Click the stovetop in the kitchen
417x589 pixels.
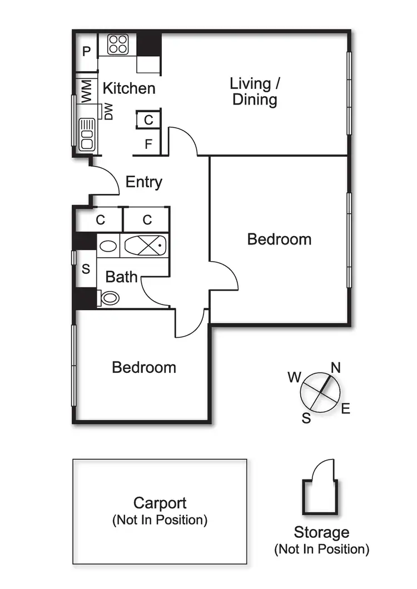point(118,44)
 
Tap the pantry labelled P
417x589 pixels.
point(87,52)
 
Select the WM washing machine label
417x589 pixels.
point(86,91)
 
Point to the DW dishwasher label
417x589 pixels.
point(108,112)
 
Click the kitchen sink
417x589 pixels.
point(87,134)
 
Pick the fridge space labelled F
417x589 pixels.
point(148,143)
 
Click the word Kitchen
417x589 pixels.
point(129,88)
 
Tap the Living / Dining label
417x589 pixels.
point(255,92)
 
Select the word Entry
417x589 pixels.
point(143,182)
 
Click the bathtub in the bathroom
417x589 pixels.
point(145,246)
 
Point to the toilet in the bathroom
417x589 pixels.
point(108,298)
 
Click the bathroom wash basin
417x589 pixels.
point(108,246)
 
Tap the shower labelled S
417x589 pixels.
point(86,268)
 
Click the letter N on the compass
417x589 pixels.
point(336,367)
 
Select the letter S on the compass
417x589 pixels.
point(306,418)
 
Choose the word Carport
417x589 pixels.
point(160,503)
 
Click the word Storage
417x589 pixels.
point(321,533)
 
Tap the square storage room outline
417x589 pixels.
point(320,497)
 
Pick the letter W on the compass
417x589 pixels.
point(295,377)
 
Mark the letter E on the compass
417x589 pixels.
point(346,408)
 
